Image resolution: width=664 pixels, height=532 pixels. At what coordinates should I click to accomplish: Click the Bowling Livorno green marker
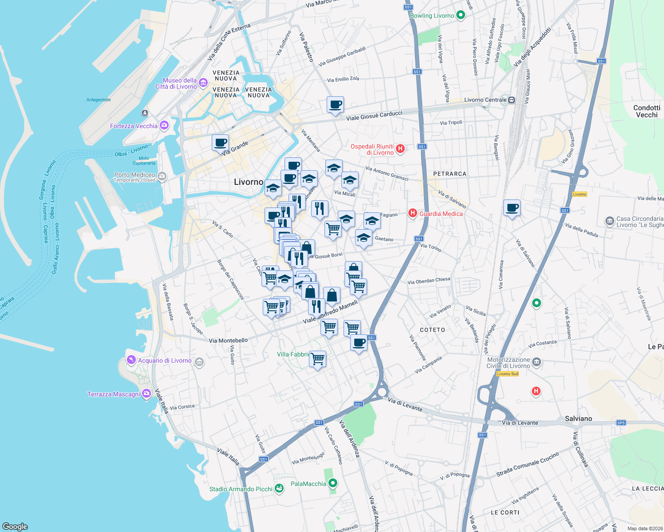click(461, 16)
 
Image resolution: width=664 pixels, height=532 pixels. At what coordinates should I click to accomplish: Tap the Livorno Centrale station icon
click(511, 100)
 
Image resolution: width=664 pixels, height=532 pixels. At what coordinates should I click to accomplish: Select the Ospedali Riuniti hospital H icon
click(400, 149)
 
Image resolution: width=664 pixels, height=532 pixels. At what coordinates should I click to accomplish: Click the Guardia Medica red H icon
click(413, 214)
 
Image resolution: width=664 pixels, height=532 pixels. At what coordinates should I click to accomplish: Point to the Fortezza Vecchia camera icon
click(164, 126)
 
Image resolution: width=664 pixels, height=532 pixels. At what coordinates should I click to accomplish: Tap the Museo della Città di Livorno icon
click(203, 83)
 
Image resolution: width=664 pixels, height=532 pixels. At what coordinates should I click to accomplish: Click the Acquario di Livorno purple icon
click(131, 360)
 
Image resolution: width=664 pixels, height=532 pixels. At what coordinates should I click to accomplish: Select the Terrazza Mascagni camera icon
click(146, 394)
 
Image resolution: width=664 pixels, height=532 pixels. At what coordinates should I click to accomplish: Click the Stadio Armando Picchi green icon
click(279, 489)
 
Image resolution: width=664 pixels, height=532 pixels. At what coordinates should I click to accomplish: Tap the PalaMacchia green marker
click(333, 483)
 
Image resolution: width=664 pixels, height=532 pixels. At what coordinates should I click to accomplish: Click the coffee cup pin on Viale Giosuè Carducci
click(336, 105)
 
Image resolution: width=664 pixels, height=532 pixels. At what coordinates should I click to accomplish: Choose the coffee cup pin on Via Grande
click(221, 143)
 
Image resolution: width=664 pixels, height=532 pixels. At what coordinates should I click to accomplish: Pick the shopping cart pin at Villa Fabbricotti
click(318, 359)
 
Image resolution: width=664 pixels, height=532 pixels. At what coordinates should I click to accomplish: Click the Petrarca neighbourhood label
click(450, 174)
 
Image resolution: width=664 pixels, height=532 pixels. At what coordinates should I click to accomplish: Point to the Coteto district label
click(432, 330)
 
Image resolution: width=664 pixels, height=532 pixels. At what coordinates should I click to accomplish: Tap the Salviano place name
click(578, 419)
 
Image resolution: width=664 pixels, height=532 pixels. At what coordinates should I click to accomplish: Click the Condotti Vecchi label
click(647, 111)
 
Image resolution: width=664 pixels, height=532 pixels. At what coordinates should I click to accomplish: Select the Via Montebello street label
click(228, 340)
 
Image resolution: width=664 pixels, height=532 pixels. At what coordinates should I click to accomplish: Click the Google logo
click(15, 526)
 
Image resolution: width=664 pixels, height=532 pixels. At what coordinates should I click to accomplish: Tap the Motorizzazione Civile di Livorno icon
click(537, 362)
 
